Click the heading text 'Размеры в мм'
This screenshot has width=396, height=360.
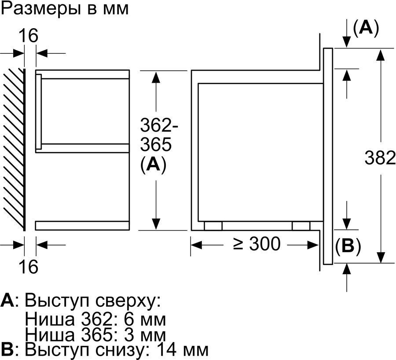pyautogui.click(x=65, y=9)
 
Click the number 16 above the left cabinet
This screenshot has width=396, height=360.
pyautogui.click(x=28, y=36)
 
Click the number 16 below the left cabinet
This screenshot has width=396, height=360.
pyautogui.click(x=28, y=266)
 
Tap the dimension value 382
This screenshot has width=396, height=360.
pyautogui.click(x=380, y=158)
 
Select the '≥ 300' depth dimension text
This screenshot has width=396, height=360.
pyautogui.click(x=257, y=244)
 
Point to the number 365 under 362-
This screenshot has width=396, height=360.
pyautogui.click(x=156, y=144)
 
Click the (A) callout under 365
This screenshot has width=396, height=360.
pyautogui.click(x=153, y=165)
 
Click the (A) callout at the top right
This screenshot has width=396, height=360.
pyautogui.click(x=366, y=28)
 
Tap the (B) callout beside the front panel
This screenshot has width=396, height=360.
pyautogui.click(x=348, y=246)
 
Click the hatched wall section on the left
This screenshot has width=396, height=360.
pyautogui.click(x=14, y=150)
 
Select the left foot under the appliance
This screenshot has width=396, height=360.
pyautogui.click(x=213, y=226)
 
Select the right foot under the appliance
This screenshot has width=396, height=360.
pyautogui.click(x=301, y=226)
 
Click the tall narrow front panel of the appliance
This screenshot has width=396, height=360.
pyautogui.click(x=328, y=156)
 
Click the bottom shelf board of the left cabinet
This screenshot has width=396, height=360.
pyautogui.click(x=82, y=226)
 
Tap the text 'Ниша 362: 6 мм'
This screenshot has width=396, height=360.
pyautogui.click(x=95, y=320)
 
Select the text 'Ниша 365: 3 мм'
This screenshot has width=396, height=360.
pyautogui.click(x=95, y=335)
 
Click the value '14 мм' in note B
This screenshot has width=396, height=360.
pyautogui.click(x=182, y=350)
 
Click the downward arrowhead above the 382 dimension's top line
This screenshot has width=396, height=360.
pyautogui.click(x=347, y=42)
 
